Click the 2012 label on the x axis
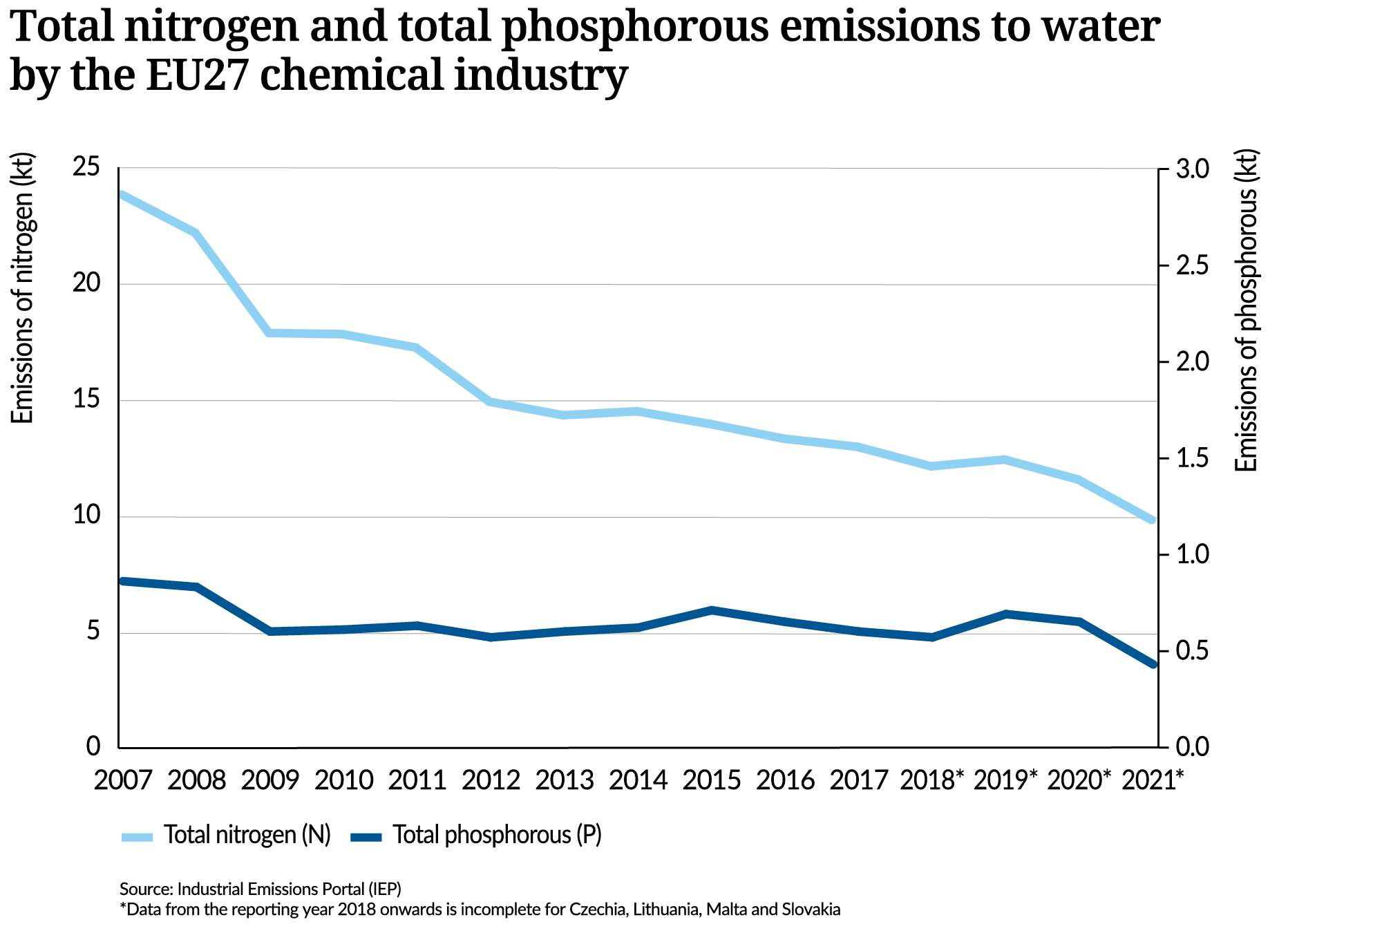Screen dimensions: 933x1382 pos(491,780)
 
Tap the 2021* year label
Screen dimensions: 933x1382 pos(1153,780)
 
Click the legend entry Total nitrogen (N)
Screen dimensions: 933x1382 pos(247,835)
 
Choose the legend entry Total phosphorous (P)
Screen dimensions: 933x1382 pos(497,835)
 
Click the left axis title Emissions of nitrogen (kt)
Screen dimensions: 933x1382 pos(22,288)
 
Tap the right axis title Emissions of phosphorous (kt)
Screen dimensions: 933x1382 pos(1247,311)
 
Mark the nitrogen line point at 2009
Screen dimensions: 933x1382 pos(270,333)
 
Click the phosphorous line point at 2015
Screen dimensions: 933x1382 pos(711,610)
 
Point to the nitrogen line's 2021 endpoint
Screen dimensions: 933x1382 pos(1152,520)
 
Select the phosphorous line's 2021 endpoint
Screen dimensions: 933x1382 pos(1152,664)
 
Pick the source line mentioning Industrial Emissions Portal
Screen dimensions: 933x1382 pos(260,888)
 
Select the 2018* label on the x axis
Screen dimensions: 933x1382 pos(931,780)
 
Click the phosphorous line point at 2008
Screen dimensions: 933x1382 pos(196,587)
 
